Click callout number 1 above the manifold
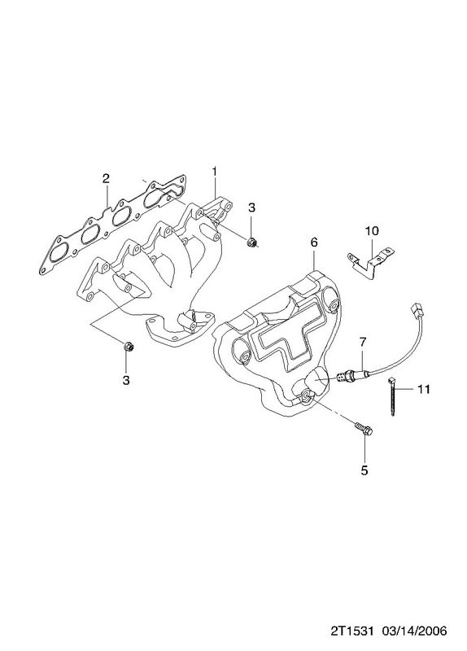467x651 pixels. click(x=215, y=171)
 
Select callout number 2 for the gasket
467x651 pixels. click(x=106, y=178)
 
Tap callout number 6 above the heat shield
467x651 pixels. click(x=313, y=242)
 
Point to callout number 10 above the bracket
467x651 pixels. click(x=372, y=230)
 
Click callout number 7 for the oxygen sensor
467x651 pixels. click(x=363, y=343)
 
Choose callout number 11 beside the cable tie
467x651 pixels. click(x=423, y=389)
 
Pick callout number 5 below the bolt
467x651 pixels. click(x=364, y=470)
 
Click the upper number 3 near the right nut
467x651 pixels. click(x=251, y=208)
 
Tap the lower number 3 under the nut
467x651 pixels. click(x=126, y=379)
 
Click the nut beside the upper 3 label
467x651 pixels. click(x=251, y=242)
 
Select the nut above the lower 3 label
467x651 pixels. click(x=126, y=345)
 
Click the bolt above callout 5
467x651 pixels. click(x=364, y=430)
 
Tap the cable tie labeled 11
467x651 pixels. click(x=391, y=396)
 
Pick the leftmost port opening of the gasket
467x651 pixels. click(x=58, y=253)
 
